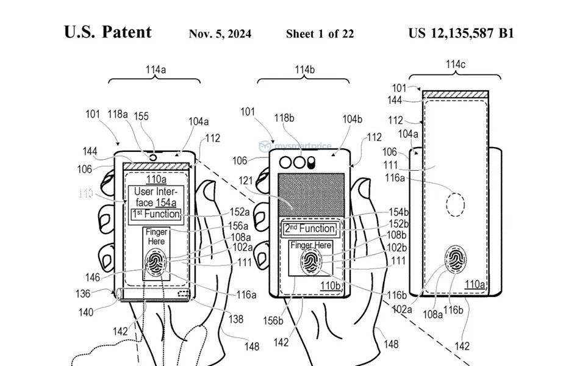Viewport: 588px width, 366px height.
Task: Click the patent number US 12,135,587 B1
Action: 461,33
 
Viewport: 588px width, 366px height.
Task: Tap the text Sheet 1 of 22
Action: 320,34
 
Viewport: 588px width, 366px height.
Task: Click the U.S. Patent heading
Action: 108,32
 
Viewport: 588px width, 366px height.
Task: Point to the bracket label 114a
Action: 156,70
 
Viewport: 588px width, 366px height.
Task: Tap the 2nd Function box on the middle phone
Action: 310,229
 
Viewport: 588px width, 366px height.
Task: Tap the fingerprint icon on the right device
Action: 457,260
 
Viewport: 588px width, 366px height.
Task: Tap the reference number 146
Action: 92,278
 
